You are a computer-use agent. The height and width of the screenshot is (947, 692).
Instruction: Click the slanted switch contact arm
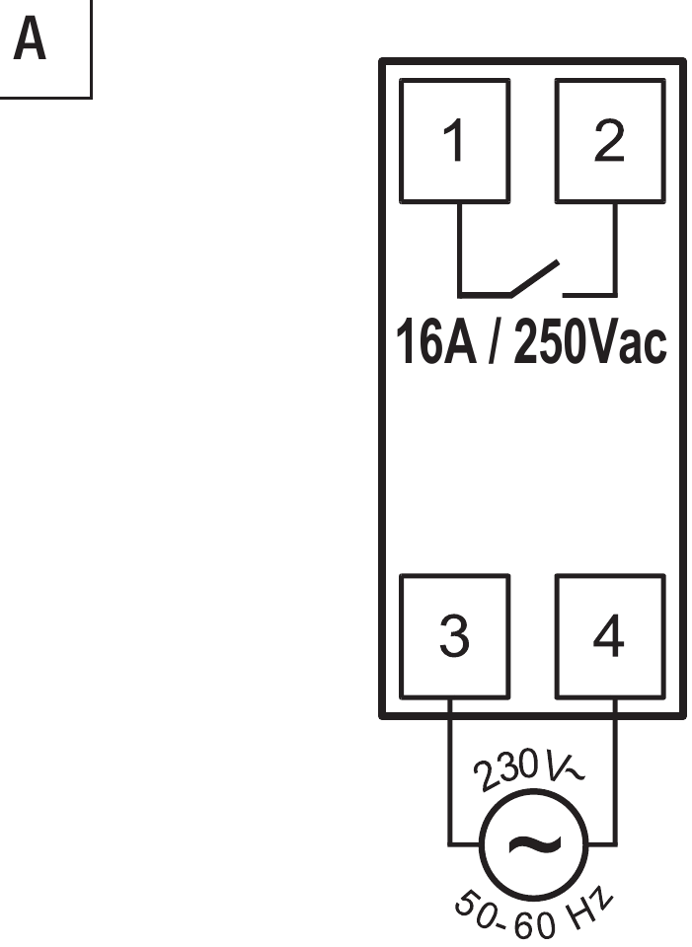535,277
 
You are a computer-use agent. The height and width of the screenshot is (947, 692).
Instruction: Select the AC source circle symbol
534,844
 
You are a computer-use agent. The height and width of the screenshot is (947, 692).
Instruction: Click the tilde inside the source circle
534,844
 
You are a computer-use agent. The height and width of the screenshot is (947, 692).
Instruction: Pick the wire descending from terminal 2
616,247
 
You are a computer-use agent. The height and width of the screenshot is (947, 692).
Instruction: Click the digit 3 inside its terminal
454,637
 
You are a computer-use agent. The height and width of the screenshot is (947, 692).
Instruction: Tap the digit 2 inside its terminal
609,142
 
